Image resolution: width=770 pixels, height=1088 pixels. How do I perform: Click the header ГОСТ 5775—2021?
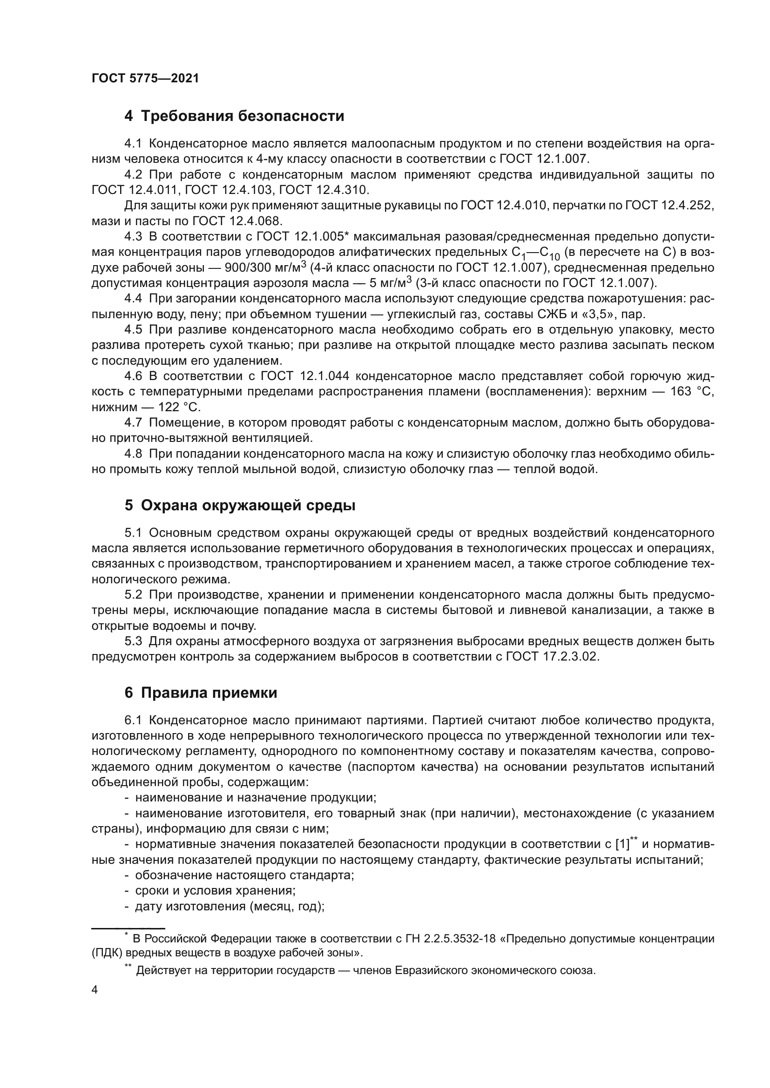tap(145, 79)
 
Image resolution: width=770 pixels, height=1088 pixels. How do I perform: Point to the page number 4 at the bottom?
tap(95, 990)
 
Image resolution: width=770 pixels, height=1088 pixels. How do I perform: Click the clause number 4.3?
tap(133, 236)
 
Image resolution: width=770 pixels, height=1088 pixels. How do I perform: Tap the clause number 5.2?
tap(133, 595)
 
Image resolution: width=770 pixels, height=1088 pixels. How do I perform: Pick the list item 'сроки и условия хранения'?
tap(215, 890)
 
